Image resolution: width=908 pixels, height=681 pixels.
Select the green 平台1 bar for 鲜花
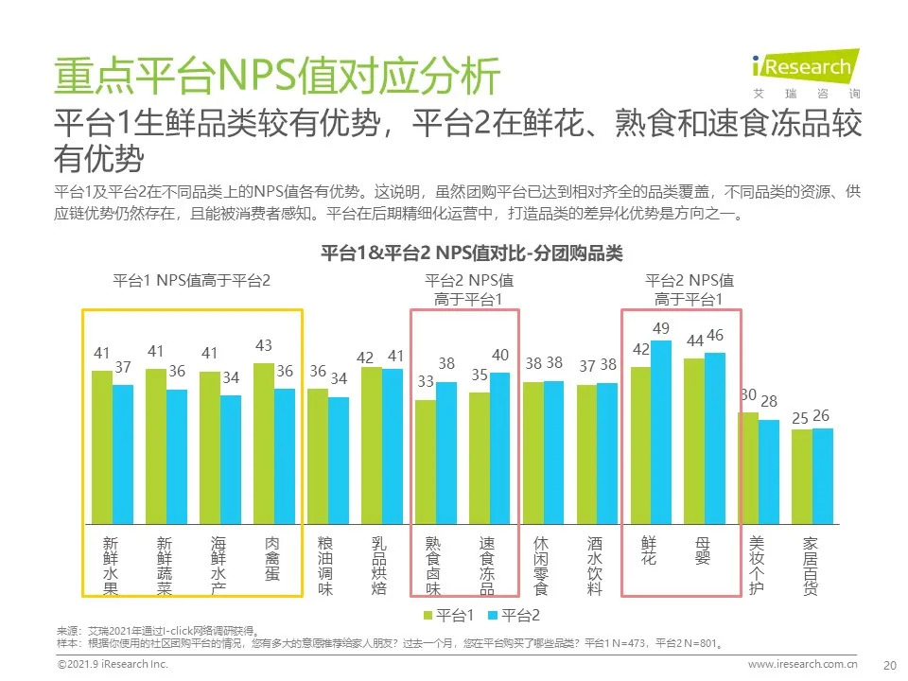point(640,445)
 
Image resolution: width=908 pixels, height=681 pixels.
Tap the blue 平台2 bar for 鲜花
point(661,431)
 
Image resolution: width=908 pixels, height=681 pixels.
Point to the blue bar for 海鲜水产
point(231,459)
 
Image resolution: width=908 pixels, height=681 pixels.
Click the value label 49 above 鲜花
point(662,328)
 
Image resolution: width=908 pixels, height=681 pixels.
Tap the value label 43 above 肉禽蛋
point(264,347)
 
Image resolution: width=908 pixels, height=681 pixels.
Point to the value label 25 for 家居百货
point(801,417)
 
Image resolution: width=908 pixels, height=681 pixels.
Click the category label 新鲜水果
point(111,565)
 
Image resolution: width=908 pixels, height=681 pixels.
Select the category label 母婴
point(703,550)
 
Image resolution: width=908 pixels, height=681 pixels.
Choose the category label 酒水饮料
point(595,565)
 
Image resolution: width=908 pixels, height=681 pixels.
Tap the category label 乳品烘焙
point(379,565)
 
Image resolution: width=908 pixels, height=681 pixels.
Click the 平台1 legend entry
point(448,616)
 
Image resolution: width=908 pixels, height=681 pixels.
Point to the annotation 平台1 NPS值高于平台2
point(191,281)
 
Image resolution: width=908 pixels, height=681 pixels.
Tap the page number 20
point(888,664)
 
